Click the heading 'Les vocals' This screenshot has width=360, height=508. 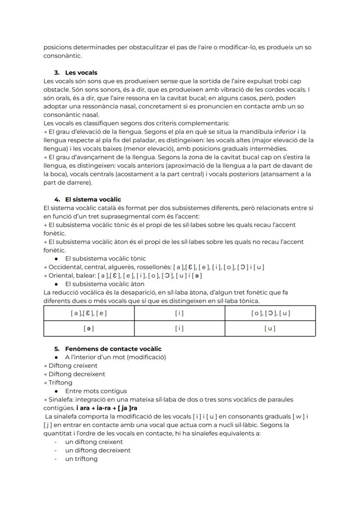tap(81, 73)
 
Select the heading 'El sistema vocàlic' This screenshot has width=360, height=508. tap(93, 199)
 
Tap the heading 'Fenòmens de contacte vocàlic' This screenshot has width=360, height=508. tap(113, 349)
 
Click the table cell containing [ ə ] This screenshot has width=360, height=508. tap(89, 329)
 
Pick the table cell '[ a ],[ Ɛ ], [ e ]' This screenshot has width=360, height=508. tap(89, 313)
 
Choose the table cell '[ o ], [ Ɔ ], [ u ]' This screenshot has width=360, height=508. tap(270, 313)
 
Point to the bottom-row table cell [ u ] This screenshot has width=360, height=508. tap(270, 329)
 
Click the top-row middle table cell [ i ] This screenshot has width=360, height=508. tap(179, 313)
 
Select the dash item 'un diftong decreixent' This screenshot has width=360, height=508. tap(97, 450)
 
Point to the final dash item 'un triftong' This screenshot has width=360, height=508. tap(81, 459)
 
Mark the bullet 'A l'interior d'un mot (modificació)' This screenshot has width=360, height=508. tap(115, 357)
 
